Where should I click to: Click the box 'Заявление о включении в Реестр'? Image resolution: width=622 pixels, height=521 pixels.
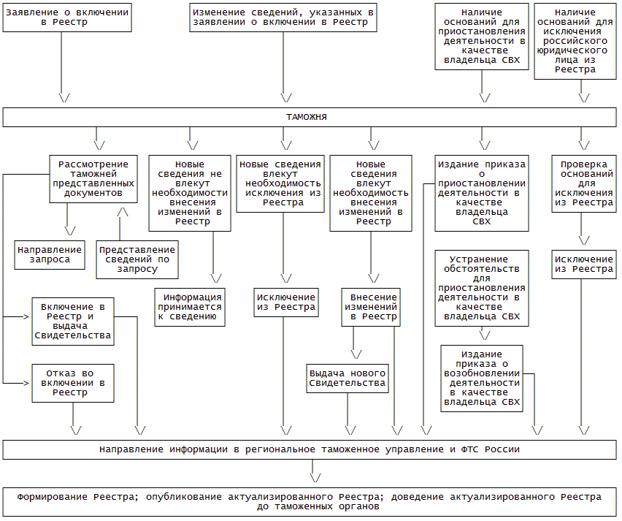point(66,18)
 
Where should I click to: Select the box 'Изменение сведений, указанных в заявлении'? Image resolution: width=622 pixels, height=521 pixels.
point(283,18)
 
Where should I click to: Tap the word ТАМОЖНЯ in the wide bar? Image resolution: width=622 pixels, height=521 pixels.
point(306,117)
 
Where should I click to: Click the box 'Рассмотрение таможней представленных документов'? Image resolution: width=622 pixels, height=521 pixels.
point(93,179)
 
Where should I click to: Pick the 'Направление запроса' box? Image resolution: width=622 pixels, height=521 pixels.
point(50,254)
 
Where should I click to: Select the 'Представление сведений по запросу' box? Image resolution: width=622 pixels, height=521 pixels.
point(137,259)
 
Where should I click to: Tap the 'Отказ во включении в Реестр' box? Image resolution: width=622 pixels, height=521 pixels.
point(73,382)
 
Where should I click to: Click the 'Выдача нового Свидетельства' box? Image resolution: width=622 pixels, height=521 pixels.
point(347,378)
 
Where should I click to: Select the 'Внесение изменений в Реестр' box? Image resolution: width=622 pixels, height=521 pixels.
point(369,307)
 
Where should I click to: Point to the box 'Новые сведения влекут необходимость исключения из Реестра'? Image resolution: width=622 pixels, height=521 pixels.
point(280,183)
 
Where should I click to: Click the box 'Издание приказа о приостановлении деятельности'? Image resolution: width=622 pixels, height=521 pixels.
point(481,193)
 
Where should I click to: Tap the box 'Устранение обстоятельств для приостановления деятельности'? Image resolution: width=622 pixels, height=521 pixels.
point(481,288)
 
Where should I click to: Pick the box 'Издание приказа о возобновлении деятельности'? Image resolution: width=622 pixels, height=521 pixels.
point(481,378)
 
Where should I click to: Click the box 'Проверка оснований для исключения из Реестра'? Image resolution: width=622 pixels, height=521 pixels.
point(583,183)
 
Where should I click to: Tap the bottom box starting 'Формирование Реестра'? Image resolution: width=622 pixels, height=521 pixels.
point(310,501)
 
